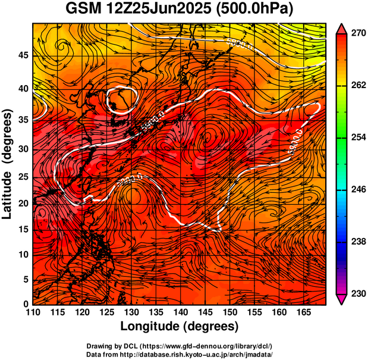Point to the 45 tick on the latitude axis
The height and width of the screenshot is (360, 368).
pos(23,55)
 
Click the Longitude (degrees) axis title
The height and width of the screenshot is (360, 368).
pos(180,327)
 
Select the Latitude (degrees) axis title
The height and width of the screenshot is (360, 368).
pos(8,164)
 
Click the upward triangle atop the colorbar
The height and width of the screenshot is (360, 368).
pos(341,29)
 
